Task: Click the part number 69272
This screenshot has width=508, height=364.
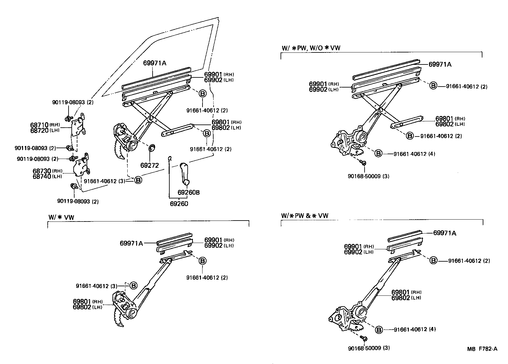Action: pos(149,165)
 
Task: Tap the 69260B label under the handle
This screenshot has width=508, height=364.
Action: pos(189,192)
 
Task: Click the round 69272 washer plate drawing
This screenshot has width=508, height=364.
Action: pos(152,148)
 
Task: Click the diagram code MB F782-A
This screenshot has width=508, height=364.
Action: pos(482,349)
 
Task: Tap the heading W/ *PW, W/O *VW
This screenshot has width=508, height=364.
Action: pos(311,48)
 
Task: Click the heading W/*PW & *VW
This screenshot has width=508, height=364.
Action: pos(305,216)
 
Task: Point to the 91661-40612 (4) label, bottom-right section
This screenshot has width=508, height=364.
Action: pos(415,329)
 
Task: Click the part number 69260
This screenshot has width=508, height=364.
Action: pos(179,204)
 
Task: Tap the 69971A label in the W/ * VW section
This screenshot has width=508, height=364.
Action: pos(131,243)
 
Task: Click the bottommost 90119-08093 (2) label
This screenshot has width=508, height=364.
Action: pos(77,201)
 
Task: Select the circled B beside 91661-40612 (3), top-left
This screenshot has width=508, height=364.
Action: pos(138,180)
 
